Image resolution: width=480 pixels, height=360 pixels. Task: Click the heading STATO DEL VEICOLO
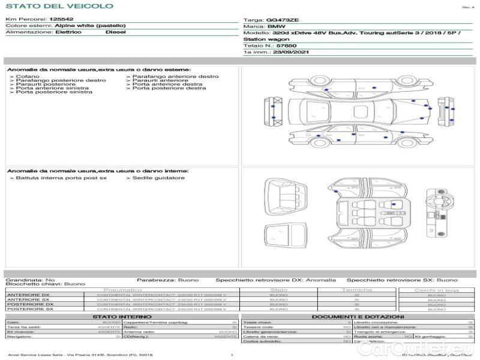click(60, 6)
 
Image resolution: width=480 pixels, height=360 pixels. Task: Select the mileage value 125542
click(61, 19)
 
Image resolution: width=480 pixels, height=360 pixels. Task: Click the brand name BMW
click(276, 27)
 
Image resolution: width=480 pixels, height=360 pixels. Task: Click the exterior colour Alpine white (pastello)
click(90, 26)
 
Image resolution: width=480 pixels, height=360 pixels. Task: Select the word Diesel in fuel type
click(115, 32)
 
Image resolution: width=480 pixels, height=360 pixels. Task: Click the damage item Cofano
click(28, 77)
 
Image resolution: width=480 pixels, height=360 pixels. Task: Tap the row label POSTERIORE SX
click(30, 309)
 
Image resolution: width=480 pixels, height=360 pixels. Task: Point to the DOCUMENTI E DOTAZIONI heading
click(358, 317)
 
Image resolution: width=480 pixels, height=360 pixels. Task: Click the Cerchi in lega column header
click(436, 290)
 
